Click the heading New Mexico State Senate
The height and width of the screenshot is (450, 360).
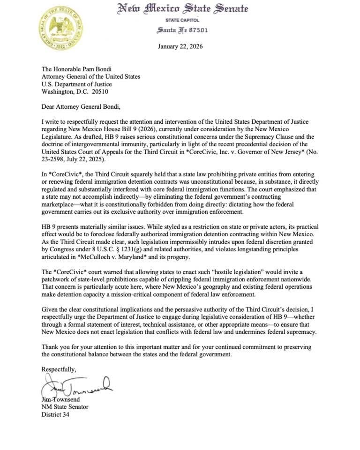182,9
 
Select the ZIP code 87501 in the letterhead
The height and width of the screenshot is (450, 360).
196,30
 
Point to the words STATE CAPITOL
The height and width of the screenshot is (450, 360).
182,20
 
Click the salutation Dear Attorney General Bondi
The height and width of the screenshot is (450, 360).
81,106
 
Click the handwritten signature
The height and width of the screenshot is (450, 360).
77,386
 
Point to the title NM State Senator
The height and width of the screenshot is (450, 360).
65,407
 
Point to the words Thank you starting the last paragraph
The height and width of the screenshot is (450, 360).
55,347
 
